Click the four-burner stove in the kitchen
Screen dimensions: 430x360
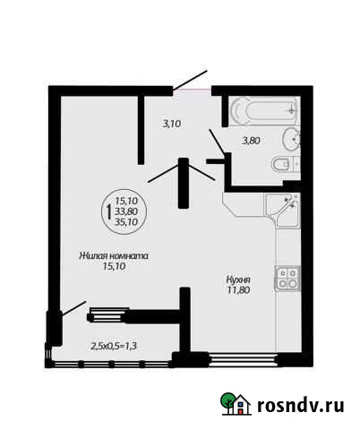pyautogui.click(x=287, y=277)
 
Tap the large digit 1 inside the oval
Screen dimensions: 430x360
pyautogui.click(x=108, y=212)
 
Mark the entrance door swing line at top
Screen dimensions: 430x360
pyautogui.click(x=190, y=81)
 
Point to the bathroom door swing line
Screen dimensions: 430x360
pyautogui.click(x=216, y=142)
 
